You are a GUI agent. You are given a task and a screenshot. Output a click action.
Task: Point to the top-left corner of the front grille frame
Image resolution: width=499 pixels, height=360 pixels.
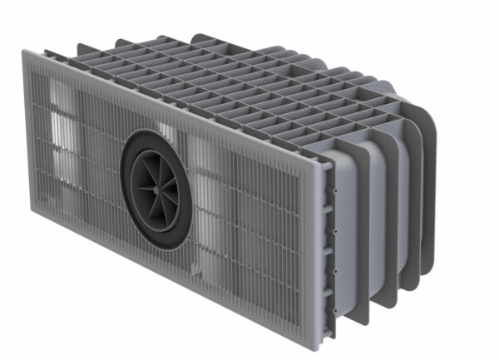point(23,52)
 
